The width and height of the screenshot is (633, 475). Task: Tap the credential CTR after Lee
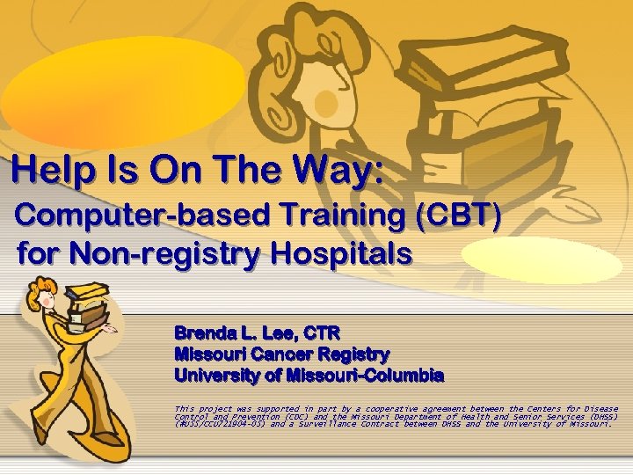321,333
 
